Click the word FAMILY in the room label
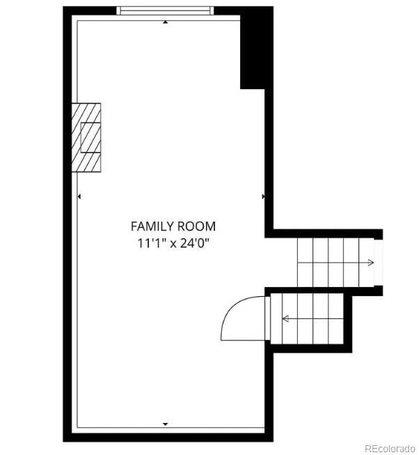(152, 226)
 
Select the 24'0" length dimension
(194, 243)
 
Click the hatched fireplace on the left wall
(86, 137)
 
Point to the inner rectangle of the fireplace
(90, 137)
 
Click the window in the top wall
(165, 10)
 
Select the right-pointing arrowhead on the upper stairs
(371, 263)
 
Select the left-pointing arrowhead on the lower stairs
(285, 319)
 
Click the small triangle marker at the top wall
(165, 22)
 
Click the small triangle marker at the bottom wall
(165, 424)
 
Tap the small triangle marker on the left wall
(79, 196)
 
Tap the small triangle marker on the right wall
(263, 196)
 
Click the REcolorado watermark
(390, 449)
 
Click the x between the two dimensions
(173, 244)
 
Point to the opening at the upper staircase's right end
(378, 263)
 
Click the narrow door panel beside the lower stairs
(268, 318)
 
